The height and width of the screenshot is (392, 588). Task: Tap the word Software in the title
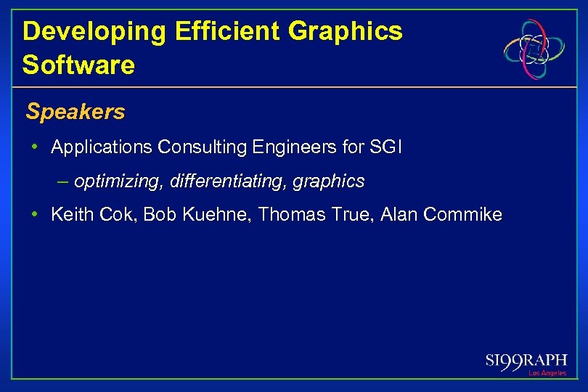pos(78,65)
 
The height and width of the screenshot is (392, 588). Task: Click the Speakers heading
pos(75,112)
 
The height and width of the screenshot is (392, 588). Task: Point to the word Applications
pos(102,148)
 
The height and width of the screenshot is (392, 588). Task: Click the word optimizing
pos(118,181)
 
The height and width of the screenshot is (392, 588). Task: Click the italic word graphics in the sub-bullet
pos(330,181)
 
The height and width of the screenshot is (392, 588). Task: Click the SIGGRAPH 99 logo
pos(526,361)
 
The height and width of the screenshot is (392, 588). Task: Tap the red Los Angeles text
pos(547,373)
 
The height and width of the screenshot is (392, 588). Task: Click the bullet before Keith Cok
pos(35,215)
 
